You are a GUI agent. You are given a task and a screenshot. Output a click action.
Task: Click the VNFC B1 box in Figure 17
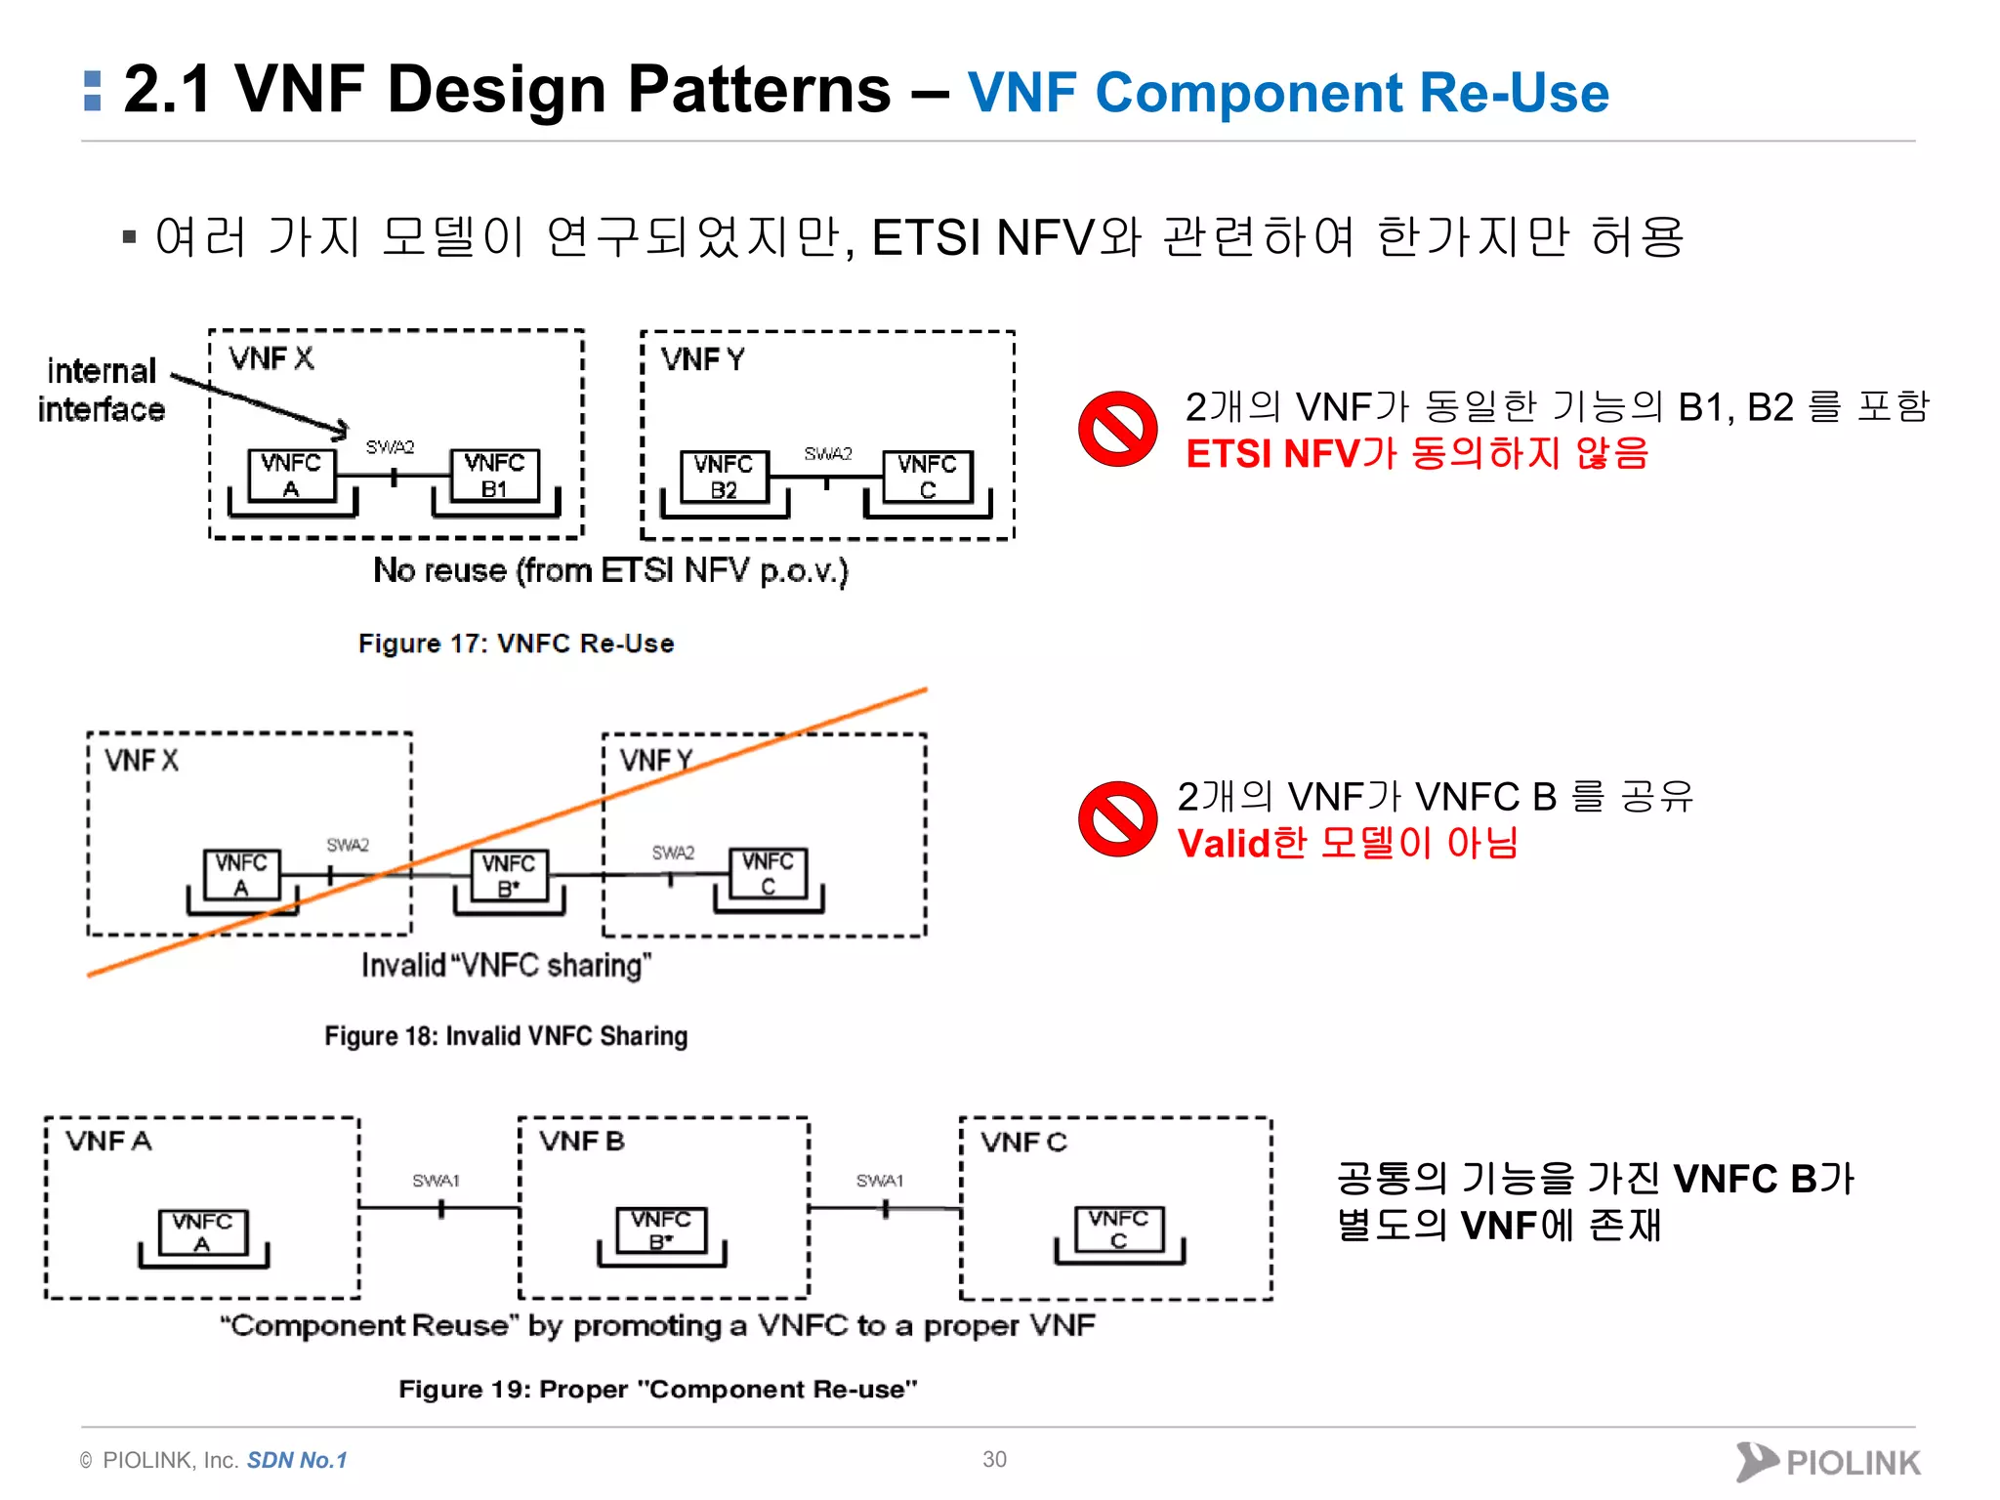tap(494, 476)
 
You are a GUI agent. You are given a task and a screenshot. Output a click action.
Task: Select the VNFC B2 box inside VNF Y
tap(725, 477)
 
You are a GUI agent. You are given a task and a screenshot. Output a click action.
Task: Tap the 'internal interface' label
tap(102, 390)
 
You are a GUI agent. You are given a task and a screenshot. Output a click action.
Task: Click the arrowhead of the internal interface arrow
tap(339, 429)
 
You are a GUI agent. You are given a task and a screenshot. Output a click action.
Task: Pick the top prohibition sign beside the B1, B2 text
tap(1117, 429)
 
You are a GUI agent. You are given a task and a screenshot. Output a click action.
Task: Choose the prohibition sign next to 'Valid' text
tap(1117, 818)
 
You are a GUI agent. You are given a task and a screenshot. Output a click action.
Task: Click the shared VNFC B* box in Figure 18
tap(509, 875)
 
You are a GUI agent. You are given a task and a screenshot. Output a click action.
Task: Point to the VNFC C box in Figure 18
tap(769, 873)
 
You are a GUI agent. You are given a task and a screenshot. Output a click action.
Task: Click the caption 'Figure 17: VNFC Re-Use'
tap(516, 644)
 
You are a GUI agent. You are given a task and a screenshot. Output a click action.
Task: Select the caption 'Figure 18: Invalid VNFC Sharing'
tap(506, 1036)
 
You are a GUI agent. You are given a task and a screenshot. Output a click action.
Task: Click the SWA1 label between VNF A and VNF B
tap(436, 1181)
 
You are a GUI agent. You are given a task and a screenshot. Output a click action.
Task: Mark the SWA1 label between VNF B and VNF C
tap(879, 1181)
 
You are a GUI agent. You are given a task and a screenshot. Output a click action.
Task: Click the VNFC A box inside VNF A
tap(203, 1232)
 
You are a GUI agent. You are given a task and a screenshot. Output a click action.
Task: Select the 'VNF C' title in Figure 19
tap(1023, 1142)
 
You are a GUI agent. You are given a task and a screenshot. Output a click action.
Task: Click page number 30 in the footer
tap(994, 1459)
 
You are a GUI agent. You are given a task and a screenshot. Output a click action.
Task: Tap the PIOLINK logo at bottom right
tap(1827, 1462)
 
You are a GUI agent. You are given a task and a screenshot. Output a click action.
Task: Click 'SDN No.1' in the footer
tap(297, 1460)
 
